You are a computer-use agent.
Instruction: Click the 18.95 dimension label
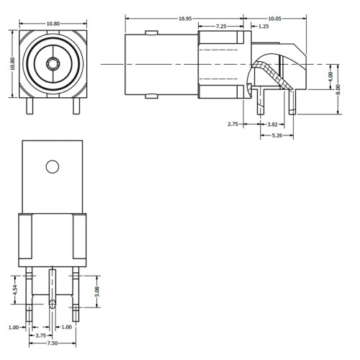185,19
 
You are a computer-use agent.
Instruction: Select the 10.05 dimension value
274,19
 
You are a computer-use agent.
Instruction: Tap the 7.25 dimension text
221,26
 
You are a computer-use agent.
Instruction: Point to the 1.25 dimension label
264,26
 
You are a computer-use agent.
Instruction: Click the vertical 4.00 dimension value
330,77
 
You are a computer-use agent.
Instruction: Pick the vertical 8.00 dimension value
338,89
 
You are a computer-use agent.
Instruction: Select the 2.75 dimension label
233,124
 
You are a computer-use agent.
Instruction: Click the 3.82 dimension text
272,125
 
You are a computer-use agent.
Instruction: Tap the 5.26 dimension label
277,135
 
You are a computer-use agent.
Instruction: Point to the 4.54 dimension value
15,290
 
